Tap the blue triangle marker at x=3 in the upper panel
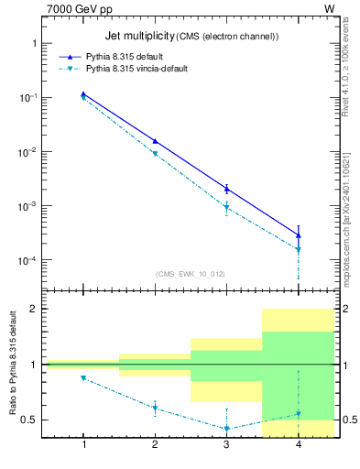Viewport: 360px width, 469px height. tap(226, 189)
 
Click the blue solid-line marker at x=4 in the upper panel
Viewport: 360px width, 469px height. tap(299, 235)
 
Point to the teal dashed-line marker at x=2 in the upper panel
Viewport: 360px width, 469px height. tap(155, 154)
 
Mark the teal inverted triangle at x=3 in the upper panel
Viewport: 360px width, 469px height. tap(226, 208)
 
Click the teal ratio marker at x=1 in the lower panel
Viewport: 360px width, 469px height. tap(83, 377)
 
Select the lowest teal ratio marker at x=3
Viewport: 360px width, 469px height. tap(226, 428)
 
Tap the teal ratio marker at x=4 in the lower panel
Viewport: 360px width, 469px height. tap(299, 414)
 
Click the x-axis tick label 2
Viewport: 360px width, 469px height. tap(155, 445)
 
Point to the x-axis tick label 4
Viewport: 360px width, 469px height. tap(299, 445)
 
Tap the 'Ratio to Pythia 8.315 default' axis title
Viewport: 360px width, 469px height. tap(11, 364)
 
